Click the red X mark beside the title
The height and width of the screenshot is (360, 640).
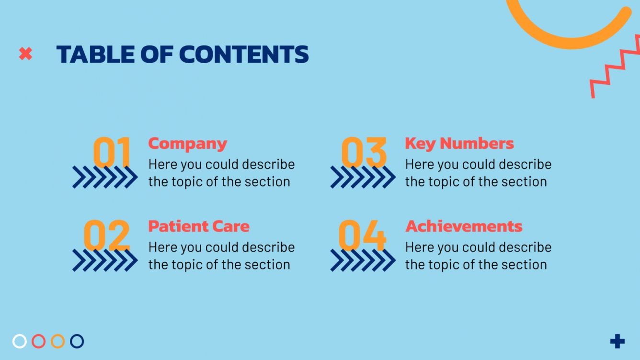point(25,54)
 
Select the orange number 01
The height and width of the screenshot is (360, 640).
point(112,151)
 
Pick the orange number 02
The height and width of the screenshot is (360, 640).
point(106,235)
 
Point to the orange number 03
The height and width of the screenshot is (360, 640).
point(364,151)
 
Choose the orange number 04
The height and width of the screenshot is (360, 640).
point(362,235)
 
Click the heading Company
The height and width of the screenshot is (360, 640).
point(187,143)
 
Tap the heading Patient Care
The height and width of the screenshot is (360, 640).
point(198,226)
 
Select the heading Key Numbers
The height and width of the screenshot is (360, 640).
point(459,143)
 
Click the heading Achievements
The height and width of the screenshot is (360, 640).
point(463,226)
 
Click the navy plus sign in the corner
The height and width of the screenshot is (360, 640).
point(617,341)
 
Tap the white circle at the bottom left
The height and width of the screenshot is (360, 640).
point(20,341)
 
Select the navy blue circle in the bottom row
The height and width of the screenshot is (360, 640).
point(77,341)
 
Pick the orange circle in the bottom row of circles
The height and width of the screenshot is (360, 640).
point(58,341)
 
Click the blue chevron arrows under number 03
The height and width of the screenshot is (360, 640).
point(363,177)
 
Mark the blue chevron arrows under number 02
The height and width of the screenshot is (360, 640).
point(105,260)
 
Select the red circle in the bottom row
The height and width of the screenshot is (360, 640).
point(39,341)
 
